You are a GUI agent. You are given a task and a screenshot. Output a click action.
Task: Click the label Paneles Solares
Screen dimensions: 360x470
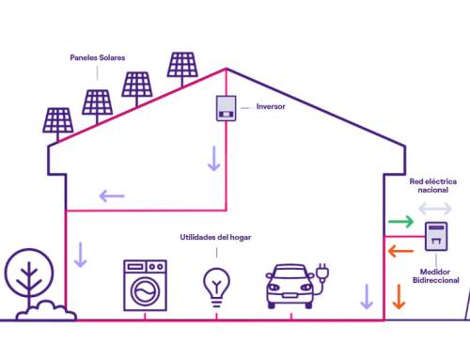[98, 57]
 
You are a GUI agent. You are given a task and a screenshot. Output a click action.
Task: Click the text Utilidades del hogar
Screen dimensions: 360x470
[216, 238]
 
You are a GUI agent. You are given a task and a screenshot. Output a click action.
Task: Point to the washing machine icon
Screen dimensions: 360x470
[146, 284]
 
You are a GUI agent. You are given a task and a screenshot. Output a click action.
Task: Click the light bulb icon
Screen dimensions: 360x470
[217, 285]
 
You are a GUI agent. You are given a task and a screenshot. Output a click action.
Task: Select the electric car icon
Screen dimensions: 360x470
[291, 283]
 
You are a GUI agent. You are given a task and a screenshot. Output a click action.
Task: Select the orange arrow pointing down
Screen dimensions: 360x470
[399, 296]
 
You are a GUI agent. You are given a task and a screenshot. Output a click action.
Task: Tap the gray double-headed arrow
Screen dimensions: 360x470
[434, 208]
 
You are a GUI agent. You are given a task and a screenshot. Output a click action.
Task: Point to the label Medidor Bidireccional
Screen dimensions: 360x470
[436, 275]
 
